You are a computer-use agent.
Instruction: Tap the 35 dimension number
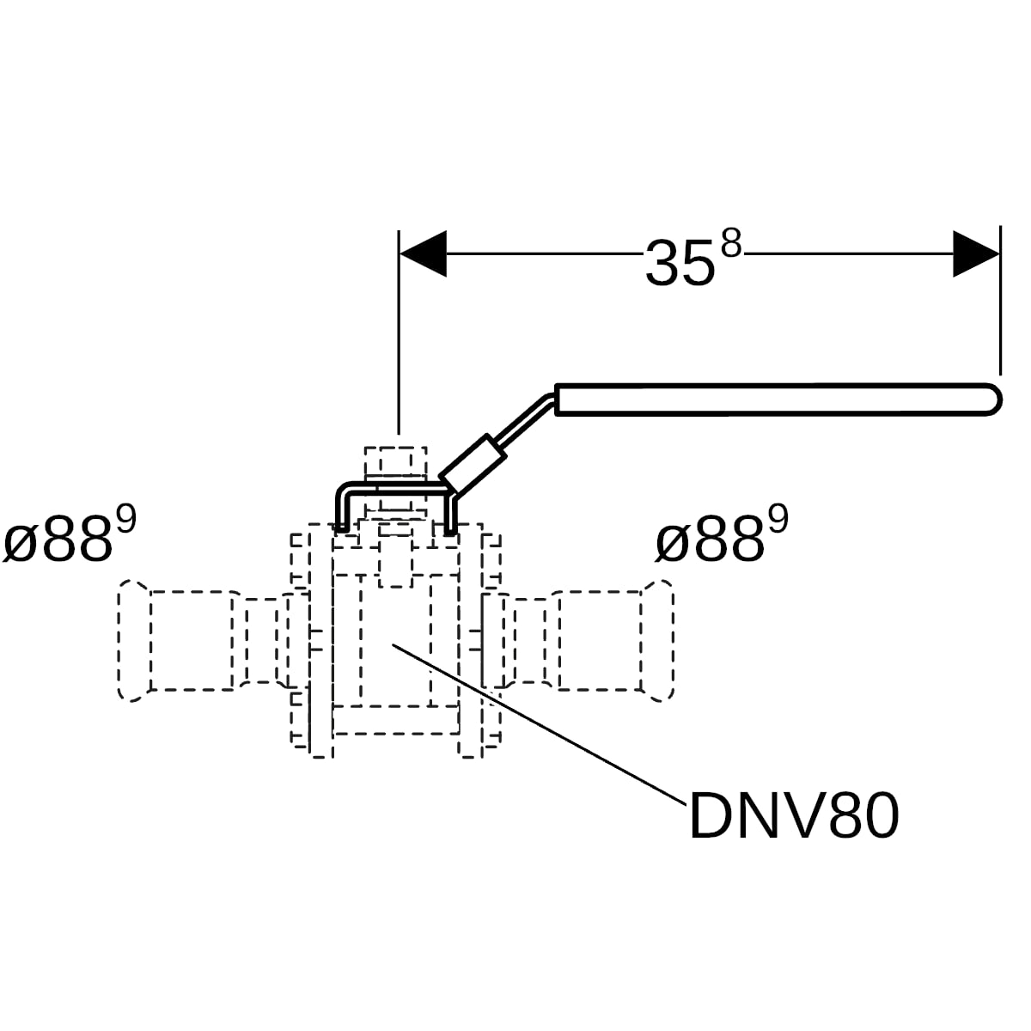680,263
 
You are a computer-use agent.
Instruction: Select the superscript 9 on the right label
778,520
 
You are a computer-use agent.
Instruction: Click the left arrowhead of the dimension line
424,253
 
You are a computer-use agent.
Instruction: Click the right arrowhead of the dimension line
975,253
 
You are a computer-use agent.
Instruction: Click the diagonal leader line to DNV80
538,724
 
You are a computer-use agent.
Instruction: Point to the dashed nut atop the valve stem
395,461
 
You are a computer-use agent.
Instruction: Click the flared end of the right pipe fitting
657,640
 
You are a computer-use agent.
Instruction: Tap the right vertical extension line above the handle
1000,300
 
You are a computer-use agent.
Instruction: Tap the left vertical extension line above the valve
399,332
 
